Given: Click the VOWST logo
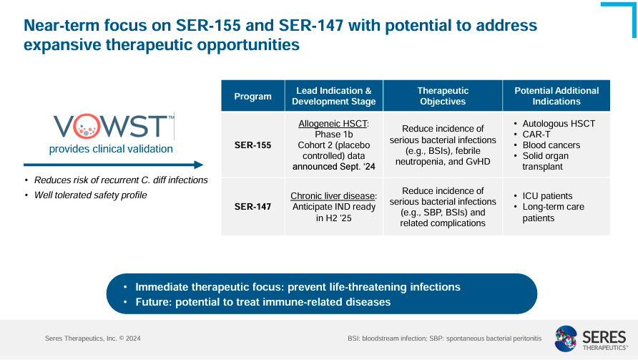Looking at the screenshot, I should [x=113, y=127].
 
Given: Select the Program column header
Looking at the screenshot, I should [x=253, y=96].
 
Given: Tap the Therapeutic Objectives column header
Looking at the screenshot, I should [x=443, y=96].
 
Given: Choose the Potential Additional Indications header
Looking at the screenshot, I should [x=556, y=96].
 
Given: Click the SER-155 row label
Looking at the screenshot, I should [x=253, y=145].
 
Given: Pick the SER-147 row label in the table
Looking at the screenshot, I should [x=253, y=207].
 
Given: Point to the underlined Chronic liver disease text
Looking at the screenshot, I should [x=333, y=195].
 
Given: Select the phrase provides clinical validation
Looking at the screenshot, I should [x=111, y=149].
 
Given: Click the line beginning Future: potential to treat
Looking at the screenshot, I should [x=262, y=302].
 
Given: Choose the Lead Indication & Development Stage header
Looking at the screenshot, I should [x=333, y=96].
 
